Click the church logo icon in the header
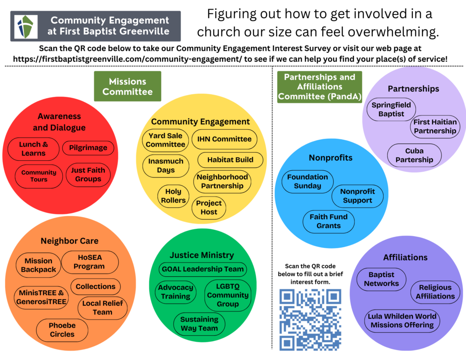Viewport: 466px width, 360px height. (26, 26)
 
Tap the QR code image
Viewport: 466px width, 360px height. (310, 319)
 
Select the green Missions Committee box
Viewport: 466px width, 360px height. (127, 86)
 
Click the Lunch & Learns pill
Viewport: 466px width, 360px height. (33, 149)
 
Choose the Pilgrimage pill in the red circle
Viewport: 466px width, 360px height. (88, 147)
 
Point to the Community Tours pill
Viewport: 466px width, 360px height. (39, 176)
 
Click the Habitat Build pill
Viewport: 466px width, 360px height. (230, 160)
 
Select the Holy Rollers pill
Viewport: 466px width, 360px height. (173, 196)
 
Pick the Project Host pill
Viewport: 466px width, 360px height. (209, 208)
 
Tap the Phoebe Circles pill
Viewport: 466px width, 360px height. (62, 330)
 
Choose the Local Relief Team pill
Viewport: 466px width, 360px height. (102, 308)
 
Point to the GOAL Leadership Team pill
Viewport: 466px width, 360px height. (203, 269)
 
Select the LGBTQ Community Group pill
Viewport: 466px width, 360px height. (228, 295)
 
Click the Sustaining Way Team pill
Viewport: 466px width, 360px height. (199, 324)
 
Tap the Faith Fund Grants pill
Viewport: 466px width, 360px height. (329, 221)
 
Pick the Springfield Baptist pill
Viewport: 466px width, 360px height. (391, 109)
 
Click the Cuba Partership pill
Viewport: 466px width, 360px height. (414, 155)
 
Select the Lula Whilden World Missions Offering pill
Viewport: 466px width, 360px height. (403, 320)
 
